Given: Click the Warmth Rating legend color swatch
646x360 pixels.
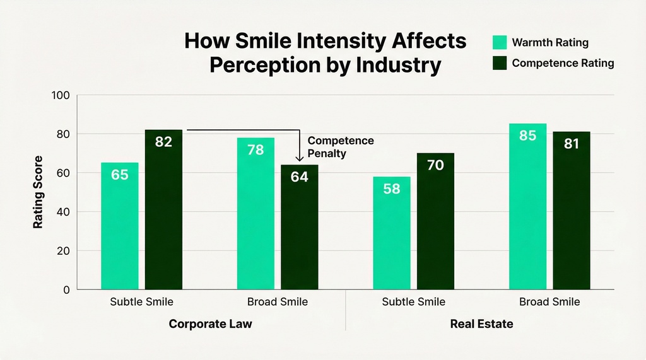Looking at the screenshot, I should (x=498, y=42).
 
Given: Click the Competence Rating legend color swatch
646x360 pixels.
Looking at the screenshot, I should (x=498, y=63).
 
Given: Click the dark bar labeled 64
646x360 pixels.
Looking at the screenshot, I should (x=299, y=227).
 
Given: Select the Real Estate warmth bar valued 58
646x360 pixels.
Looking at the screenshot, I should (x=392, y=233).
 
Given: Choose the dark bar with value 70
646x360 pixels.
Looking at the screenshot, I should (x=435, y=221).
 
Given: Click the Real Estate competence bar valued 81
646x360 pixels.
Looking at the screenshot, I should (x=572, y=211).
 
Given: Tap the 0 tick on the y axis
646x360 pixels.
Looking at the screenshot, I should (x=67, y=290).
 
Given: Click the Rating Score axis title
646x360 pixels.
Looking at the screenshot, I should (x=38, y=192).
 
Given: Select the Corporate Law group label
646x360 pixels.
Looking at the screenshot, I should (x=211, y=324).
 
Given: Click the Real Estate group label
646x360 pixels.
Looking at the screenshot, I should (x=481, y=324).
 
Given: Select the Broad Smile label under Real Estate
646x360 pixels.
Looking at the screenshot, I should (x=549, y=302).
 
